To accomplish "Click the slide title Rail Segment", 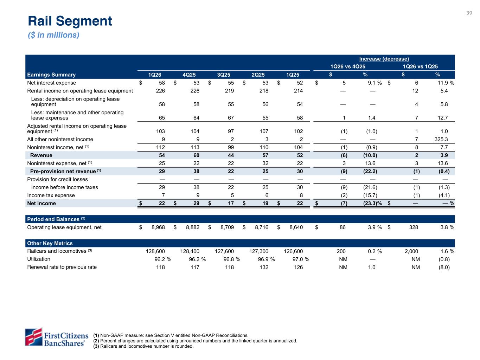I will coord(70,21).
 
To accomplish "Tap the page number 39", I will coord(469,13).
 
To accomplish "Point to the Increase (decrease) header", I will coord(384,59).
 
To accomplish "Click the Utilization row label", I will coord(39,259).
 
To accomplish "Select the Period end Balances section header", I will coord(53,219).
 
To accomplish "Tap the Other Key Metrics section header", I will coord(50,243).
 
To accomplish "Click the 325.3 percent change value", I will coord(441,139).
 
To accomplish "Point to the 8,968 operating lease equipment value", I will coord(158,227).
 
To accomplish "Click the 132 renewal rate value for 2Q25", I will coord(264,267).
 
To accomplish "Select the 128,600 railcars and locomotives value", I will coord(155,251).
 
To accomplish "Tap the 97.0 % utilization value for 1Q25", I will coord(300,259).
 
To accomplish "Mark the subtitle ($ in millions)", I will coord(53,35).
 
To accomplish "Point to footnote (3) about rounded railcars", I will coord(143,346).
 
